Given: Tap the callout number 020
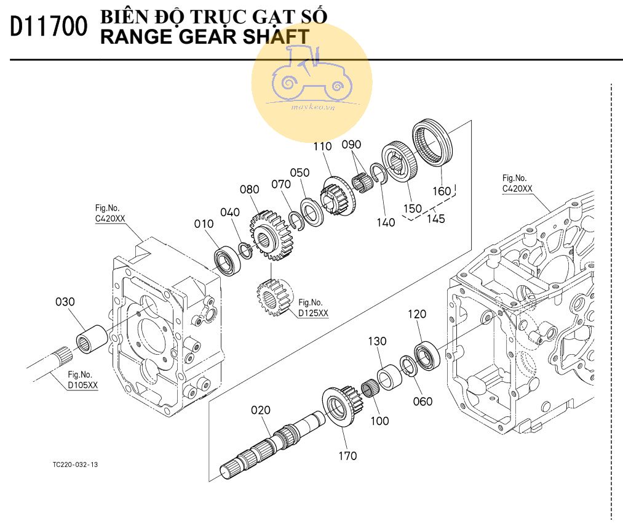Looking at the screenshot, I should [x=260, y=410].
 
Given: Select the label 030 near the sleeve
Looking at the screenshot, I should [x=65, y=302].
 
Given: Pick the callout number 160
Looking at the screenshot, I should [x=442, y=191].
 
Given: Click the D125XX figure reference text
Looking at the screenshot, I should [x=313, y=313].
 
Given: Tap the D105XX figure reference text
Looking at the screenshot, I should [x=82, y=385].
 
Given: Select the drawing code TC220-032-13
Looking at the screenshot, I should [x=75, y=464].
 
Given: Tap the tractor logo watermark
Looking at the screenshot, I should [x=311, y=81].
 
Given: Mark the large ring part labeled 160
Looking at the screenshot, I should [x=432, y=144].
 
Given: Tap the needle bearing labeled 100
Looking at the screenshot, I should [x=369, y=390].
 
